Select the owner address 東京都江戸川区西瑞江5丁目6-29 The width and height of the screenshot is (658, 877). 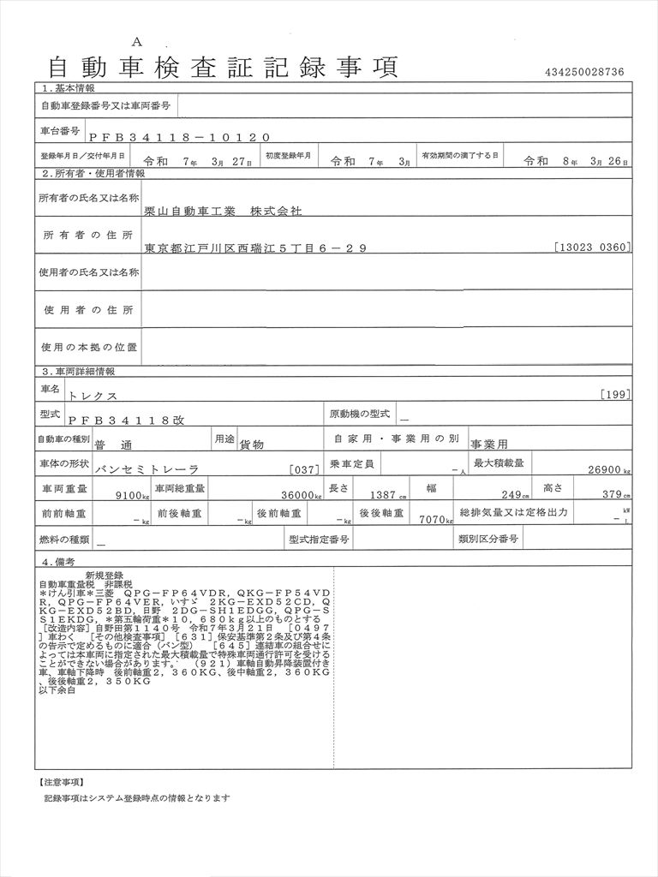(x=255, y=248)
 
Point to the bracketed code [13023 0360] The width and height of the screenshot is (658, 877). (x=593, y=248)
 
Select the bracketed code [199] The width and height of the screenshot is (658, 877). (x=617, y=395)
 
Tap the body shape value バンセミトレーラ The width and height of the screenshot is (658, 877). (x=147, y=469)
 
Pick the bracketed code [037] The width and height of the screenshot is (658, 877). (x=305, y=469)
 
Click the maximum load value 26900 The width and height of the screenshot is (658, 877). (x=603, y=469)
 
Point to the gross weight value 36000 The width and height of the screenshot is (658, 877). (x=296, y=494)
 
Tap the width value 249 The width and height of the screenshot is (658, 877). (x=512, y=494)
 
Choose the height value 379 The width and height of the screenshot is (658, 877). (x=612, y=494)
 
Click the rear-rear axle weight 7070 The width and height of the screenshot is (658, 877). (x=434, y=519)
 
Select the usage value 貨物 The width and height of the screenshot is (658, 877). (x=251, y=444)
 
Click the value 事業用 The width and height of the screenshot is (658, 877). (x=489, y=444)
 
